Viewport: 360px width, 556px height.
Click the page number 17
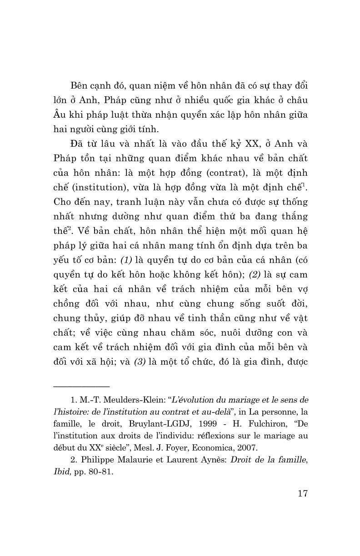click(301, 493)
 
